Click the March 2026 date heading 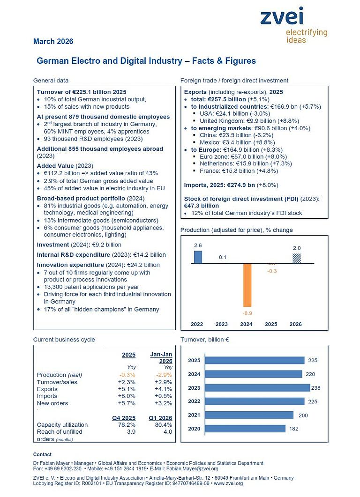pyautogui.click(x=53, y=42)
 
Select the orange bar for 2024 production pyautogui.click(x=247, y=285)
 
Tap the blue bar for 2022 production pyautogui.click(x=198, y=257)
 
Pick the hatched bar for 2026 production pyautogui.click(x=296, y=259)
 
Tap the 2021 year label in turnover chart pyautogui.click(x=194, y=415)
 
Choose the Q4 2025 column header pyautogui.click(x=124, y=418)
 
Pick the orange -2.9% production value pyautogui.click(x=164, y=375)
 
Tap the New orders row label pyautogui.click(x=52, y=403)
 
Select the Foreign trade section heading pyautogui.click(x=234, y=81)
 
